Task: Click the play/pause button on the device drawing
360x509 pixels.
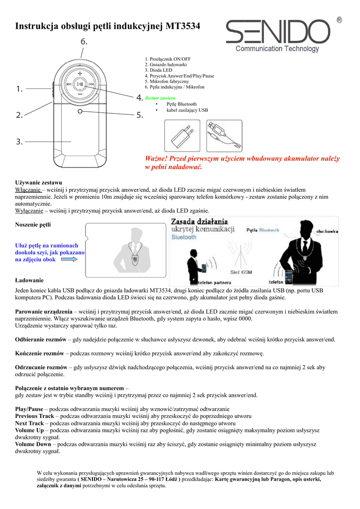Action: pos(80,84)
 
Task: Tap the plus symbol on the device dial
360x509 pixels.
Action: pos(80,71)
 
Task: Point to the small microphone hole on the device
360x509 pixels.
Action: pos(80,112)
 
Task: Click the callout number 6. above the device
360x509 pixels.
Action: pos(84,42)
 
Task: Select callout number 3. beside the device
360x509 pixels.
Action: pos(19,142)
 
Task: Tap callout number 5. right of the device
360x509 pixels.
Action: pos(140,115)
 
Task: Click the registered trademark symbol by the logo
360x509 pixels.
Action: pos(339,20)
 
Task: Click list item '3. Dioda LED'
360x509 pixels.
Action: pos(158,71)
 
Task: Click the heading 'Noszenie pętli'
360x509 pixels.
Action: pos(33,225)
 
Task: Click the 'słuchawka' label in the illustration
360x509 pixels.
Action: pos(326,231)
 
